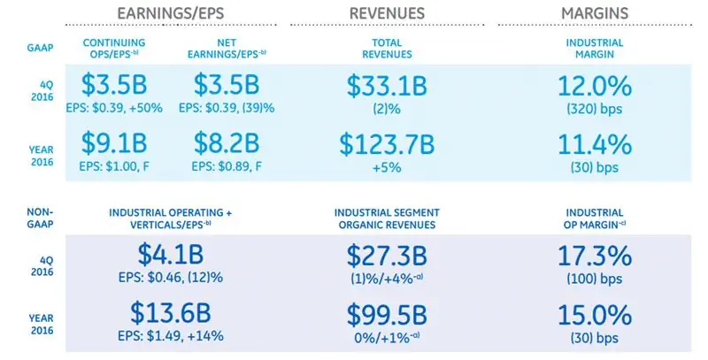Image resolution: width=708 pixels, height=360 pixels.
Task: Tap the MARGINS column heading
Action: pyautogui.click(x=595, y=14)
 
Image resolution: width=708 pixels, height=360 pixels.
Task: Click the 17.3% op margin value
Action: pyautogui.click(x=595, y=257)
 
